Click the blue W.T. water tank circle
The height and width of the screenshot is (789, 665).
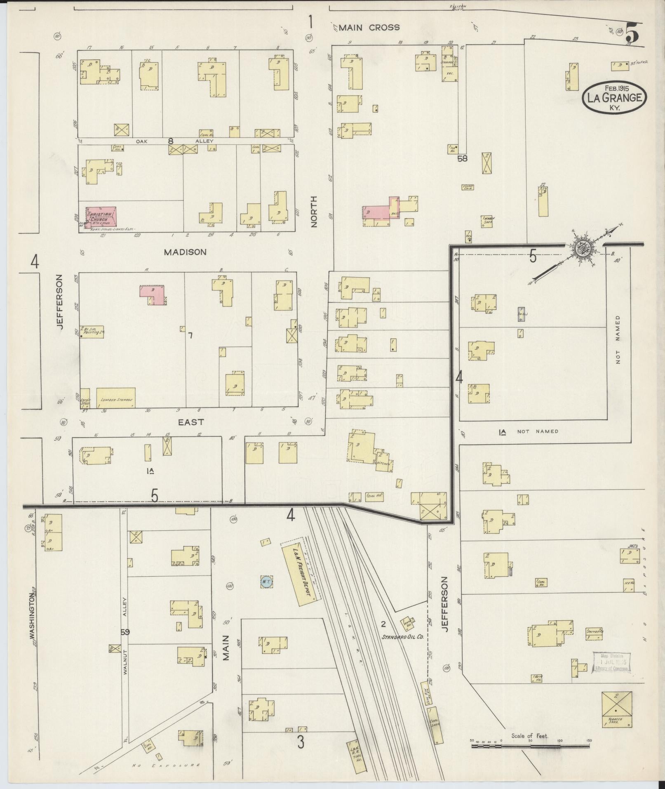coord(266,582)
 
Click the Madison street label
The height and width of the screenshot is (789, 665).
coord(185,252)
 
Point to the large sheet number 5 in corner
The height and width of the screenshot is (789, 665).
coord(632,33)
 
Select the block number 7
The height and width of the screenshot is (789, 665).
coord(190,336)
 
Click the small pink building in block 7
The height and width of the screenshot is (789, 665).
coord(153,294)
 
